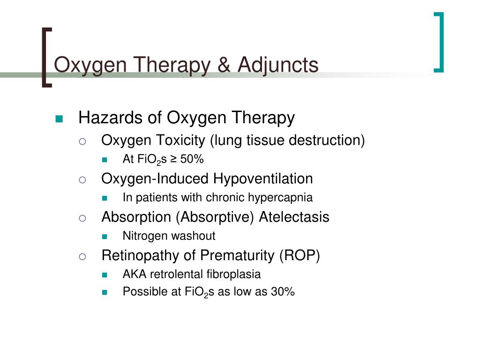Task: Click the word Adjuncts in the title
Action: pos(278,65)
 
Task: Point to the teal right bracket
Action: pos(439,42)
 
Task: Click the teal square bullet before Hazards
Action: pos(59,119)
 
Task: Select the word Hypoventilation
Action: pos(263,179)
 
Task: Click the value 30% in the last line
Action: pos(283,292)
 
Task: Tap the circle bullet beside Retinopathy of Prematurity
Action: pos(82,256)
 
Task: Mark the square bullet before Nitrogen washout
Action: pos(104,236)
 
